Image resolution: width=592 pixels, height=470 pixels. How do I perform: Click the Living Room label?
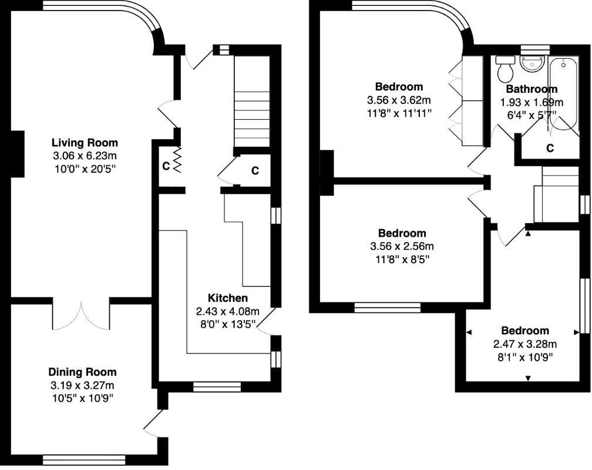(x=85, y=143)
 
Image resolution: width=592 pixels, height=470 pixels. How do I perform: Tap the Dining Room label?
(x=82, y=372)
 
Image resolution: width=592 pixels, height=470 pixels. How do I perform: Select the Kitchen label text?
(x=228, y=298)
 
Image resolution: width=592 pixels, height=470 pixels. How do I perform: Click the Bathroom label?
(x=531, y=89)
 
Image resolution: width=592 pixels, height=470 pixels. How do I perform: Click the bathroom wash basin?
(x=533, y=63)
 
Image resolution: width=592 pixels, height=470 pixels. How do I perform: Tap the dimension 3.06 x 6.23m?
(x=85, y=156)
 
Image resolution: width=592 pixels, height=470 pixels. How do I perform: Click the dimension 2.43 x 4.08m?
(x=227, y=311)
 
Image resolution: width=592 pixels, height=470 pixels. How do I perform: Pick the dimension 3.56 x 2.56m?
(x=402, y=246)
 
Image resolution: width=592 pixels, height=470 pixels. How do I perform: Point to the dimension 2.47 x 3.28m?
(x=524, y=344)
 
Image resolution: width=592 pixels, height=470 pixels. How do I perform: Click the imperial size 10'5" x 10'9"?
(x=82, y=398)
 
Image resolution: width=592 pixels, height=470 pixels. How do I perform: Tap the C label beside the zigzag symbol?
(x=166, y=166)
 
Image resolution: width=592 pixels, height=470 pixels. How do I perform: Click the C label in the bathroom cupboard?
(x=550, y=148)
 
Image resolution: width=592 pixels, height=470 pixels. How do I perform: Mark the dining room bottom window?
(x=84, y=459)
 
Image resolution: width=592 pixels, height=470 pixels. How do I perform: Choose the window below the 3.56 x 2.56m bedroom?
(x=387, y=306)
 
